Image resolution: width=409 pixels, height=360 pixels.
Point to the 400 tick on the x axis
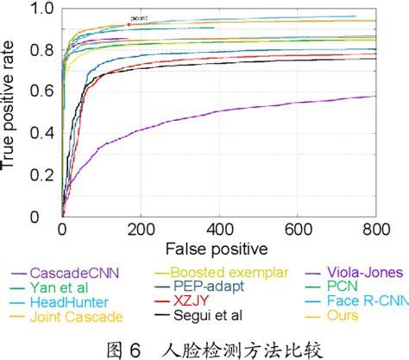pos(219,230)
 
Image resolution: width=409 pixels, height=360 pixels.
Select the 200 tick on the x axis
pos(141,230)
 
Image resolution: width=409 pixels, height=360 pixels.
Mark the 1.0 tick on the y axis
pos(42,10)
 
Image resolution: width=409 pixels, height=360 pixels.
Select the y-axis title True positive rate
pos(10,112)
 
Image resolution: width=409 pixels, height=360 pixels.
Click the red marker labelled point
pos(129,25)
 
